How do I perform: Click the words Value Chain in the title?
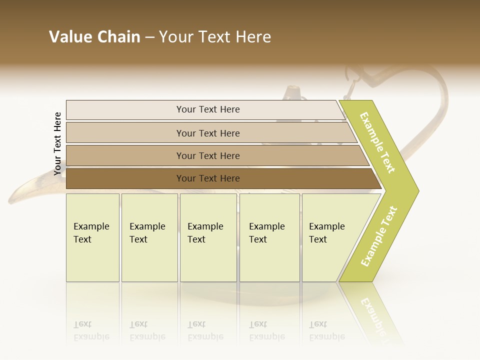[x=94, y=37]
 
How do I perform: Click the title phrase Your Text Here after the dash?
[x=215, y=37]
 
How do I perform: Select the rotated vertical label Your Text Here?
[x=58, y=143]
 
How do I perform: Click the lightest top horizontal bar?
[x=207, y=109]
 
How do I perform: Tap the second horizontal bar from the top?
[x=207, y=133]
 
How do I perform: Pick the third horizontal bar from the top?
[x=207, y=155]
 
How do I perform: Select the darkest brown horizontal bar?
[x=207, y=178]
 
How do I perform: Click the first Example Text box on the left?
[x=92, y=237]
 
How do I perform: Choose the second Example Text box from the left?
[x=149, y=237]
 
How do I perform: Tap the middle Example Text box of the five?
[x=208, y=237]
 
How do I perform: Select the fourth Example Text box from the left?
[x=269, y=237]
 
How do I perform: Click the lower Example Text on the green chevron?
[x=378, y=236]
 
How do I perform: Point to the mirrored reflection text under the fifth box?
[x=326, y=331]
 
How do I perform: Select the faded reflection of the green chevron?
[x=372, y=312]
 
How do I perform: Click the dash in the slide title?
[x=149, y=37]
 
